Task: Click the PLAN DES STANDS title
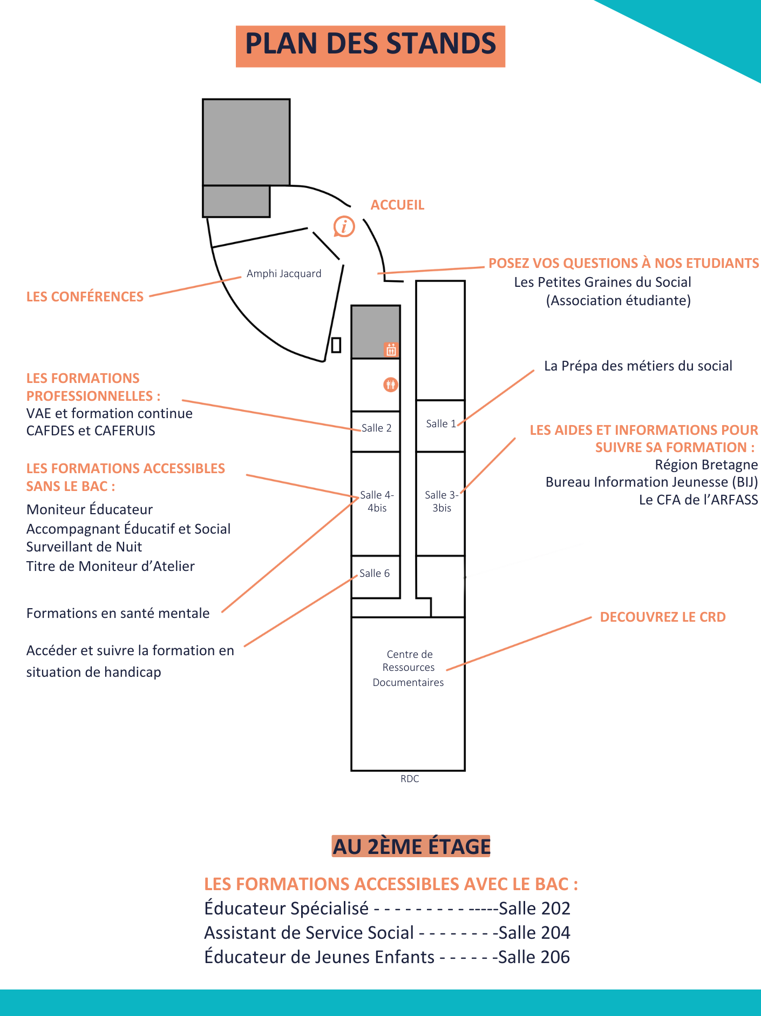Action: pos(370,45)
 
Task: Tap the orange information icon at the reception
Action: pos(344,226)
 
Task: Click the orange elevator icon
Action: pos(391,349)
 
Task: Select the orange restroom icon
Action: pos(390,385)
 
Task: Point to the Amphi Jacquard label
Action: pos(284,274)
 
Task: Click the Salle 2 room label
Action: pos(376,428)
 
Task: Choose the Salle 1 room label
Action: pos(441,424)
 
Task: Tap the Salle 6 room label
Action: pos(375,574)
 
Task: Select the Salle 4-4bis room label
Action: pos(377,501)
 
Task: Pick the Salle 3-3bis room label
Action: pos(441,501)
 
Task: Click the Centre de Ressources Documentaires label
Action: pos(409,668)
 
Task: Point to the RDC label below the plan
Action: pos(410,779)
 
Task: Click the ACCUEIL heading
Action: pos(397,205)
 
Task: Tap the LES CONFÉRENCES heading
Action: pos(85,297)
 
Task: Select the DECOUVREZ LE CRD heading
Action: pos(662,617)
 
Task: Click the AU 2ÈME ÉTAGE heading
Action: pos(411,846)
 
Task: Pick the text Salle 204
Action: pos(534,933)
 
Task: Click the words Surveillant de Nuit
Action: pos(84,547)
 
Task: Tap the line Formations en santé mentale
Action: pos(118,613)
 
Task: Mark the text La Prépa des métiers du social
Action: pos(638,366)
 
